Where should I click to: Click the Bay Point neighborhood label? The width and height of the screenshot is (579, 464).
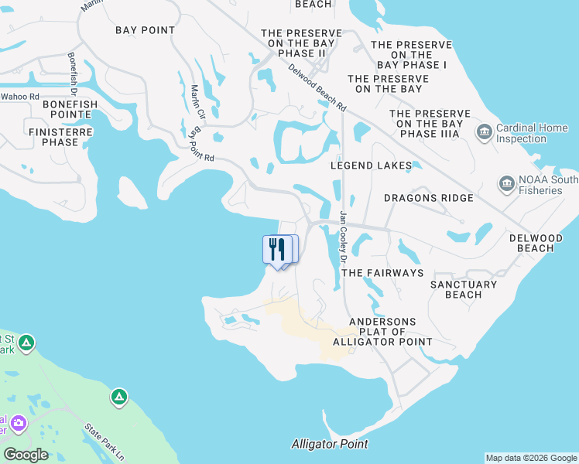click(145, 30)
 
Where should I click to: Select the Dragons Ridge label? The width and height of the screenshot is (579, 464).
click(428, 198)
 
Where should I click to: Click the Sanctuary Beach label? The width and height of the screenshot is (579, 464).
click(464, 289)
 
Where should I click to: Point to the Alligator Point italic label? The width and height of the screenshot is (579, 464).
click(329, 444)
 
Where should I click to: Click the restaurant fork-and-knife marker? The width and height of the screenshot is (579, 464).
click(278, 250)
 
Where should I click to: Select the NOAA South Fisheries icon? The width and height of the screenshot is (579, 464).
click(507, 185)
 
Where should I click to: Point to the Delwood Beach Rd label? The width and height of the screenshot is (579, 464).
click(317, 87)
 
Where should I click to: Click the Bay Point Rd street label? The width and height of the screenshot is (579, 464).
click(200, 145)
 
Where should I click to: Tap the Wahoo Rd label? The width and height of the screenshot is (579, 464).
click(19, 96)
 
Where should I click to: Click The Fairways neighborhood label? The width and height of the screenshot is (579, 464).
click(382, 273)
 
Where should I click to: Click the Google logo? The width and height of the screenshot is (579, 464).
click(26, 455)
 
